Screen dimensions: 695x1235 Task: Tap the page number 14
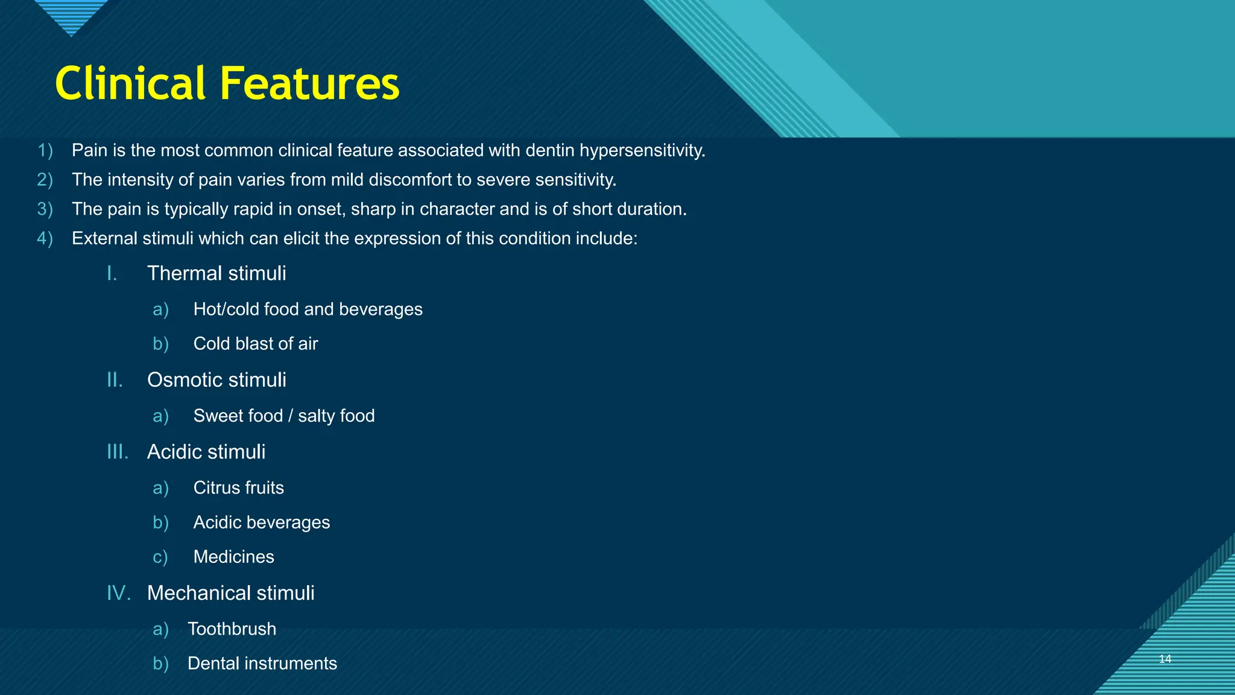(x=1165, y=659)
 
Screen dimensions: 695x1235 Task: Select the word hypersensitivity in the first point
(x=642, y=150)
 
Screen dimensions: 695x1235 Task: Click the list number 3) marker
(x=45, y=209)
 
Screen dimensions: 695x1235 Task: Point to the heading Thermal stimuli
(x=216, y=273)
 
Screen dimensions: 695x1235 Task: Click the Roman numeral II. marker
(x=115, y=380)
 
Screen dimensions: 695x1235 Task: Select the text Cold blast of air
(x=256, y=344)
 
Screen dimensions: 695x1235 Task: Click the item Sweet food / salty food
(x=284, y=416)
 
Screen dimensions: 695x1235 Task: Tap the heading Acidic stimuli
(x=206, y=452)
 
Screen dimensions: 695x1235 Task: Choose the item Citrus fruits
(x=238, y=487)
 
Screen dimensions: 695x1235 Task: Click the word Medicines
(x=233, y=557)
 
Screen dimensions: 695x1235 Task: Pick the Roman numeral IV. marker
(x=118, y=593)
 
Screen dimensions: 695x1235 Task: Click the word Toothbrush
(x=232, y=629)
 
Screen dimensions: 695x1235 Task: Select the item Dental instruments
(x=262, y=664)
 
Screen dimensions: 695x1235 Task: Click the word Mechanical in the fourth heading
(x=198, y=593)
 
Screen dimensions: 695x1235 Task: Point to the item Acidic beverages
(x=262, y=522)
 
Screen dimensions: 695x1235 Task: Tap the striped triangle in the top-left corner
(x=71, y=15)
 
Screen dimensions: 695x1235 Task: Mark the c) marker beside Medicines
(x=160, y=557)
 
